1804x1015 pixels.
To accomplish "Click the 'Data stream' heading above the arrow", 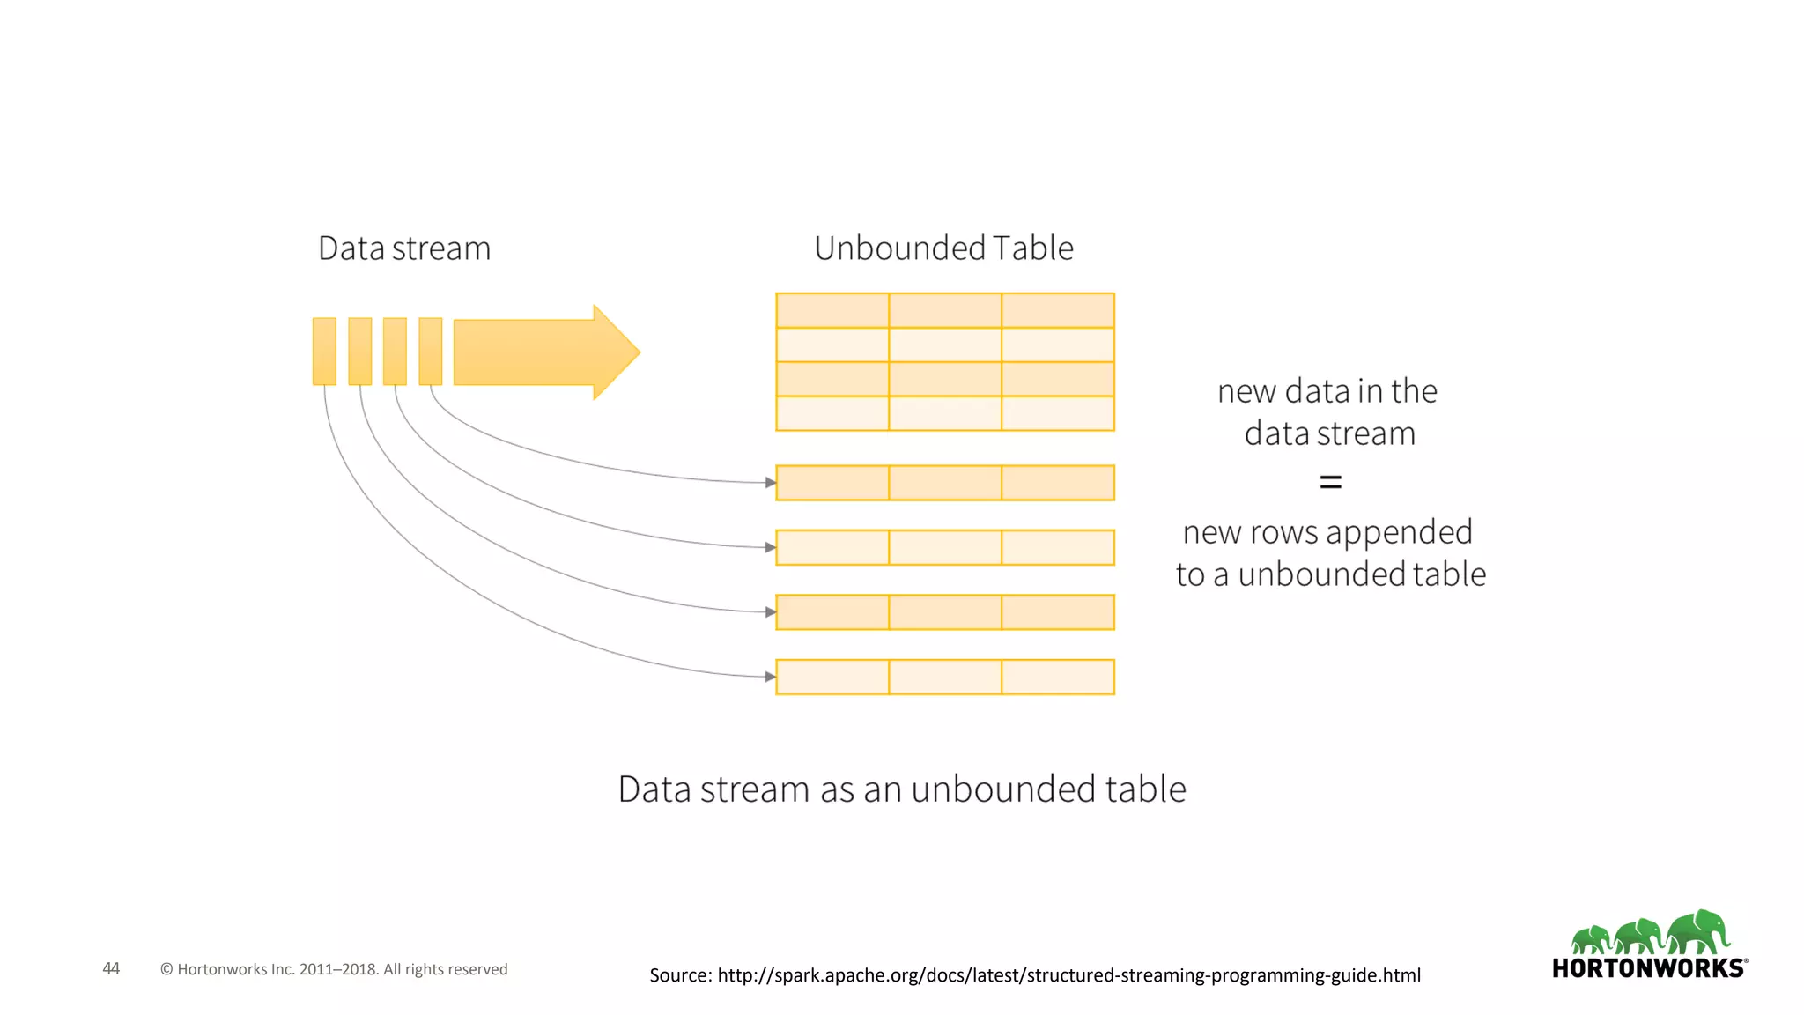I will click(404, 248).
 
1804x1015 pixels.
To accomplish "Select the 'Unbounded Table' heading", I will click(943, 248).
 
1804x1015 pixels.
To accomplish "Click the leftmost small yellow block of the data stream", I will click(324, 351).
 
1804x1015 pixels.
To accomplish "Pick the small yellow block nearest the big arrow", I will click(430, 351).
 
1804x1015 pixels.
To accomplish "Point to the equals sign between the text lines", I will click(1330, 482).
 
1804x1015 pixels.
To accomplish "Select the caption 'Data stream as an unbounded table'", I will click(902, 789).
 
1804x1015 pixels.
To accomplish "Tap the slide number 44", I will click(111, 968).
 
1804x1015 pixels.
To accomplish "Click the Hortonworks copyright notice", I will click(334, 969).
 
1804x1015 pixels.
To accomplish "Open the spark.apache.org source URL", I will click(1068, 975).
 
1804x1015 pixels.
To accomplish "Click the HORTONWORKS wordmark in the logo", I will click(1648, 968).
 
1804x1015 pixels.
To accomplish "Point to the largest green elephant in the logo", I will click(1699, 932).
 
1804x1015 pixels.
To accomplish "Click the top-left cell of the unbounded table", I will click(832, 310).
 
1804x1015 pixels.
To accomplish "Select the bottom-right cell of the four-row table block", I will click(1058, 413).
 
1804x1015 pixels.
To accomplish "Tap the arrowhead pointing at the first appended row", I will click(771, 483).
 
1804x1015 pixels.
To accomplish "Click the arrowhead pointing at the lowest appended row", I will click(771, 677).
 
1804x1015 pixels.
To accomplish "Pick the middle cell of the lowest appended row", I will click(945, 677).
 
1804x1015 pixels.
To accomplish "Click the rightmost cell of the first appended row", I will click(1058, 483).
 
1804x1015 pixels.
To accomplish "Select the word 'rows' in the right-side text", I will click(1283, 533).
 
